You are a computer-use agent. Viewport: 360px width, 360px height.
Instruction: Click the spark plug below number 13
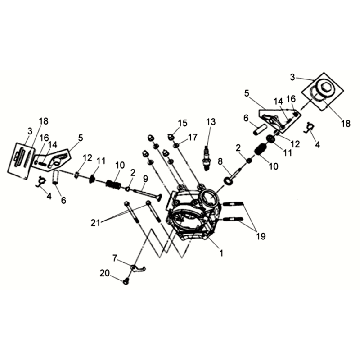207,158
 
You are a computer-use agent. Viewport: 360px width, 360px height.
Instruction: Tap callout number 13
211,121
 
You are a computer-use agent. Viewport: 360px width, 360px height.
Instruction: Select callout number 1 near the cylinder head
220,253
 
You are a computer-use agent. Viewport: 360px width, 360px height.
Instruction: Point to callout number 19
260,236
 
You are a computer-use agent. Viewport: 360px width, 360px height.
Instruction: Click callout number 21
96,223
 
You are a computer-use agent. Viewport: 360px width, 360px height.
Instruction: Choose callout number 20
104,273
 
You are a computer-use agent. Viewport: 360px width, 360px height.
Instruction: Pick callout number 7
115,257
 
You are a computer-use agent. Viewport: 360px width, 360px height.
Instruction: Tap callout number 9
145,179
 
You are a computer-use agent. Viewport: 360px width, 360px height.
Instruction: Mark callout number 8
220,161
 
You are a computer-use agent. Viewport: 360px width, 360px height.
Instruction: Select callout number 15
182,123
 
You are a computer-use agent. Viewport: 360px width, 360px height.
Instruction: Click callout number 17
192,137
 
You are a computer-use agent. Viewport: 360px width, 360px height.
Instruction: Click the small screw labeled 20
126,282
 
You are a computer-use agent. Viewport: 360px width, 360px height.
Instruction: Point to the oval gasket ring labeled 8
228,180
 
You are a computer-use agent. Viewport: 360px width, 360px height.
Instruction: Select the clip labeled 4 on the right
308,128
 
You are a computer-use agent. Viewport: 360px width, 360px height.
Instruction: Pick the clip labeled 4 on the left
41,182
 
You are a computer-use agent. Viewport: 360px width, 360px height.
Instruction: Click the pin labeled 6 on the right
259,128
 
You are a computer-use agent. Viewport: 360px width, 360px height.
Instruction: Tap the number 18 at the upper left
44,121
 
